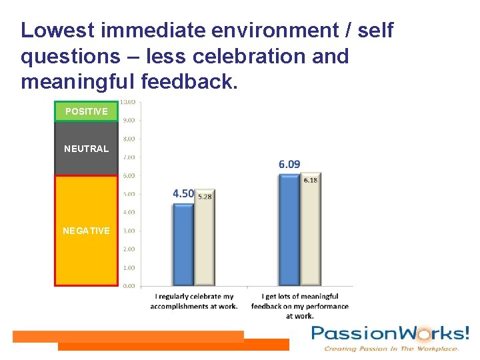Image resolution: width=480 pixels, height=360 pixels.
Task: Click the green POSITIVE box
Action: tap(86, 111)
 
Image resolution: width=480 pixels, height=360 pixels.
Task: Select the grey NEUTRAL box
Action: tap(86, 149)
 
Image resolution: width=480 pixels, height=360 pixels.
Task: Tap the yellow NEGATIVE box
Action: tap(86, 231)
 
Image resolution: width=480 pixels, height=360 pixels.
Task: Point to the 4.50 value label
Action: tap(183, 194)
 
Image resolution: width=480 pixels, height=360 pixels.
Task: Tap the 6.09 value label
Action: tap(289, 164)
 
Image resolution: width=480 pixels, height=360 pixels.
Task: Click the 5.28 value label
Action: tap(205, 197)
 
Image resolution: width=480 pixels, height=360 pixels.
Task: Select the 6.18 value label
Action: tap(311, 180)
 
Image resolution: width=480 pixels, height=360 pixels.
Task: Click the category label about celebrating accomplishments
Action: tap(194, 301)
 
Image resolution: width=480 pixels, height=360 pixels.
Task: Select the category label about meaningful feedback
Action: tap(300, 306)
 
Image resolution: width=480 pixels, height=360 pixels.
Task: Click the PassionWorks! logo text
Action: tap(390, 333)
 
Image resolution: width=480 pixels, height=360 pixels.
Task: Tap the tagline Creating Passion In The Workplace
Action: tap(391, 349)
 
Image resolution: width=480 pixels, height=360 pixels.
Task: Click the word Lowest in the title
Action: tap(58, 30)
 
